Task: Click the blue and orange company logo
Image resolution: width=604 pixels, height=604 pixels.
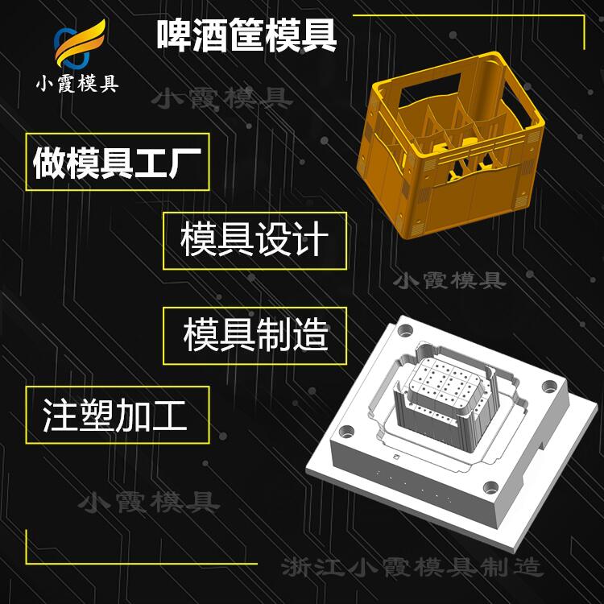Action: tap(80, 43)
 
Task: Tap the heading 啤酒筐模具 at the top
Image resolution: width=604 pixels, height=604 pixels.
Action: tap(246, 35)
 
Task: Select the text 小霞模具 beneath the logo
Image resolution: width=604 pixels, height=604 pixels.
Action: tap(77, 83)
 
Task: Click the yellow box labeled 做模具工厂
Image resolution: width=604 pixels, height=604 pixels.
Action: tap(118, 162)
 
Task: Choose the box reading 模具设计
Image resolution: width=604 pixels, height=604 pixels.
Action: tap(254, 241)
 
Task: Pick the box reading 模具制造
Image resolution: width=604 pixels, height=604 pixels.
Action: tap(254, 336)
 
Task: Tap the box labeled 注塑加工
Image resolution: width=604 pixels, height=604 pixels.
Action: tap(118, 415)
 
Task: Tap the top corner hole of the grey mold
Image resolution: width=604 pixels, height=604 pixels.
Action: tap(405, 330)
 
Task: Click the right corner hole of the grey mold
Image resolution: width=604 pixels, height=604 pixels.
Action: tap(550, 386)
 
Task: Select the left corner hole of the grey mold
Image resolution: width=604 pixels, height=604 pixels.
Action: tap(346, 432)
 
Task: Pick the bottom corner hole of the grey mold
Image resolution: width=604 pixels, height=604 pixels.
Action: tap(490, 487)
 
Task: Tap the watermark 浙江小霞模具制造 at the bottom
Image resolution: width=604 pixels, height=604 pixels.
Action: tap(412, 567)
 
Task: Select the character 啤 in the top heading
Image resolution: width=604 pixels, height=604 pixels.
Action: tap(174, 35)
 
